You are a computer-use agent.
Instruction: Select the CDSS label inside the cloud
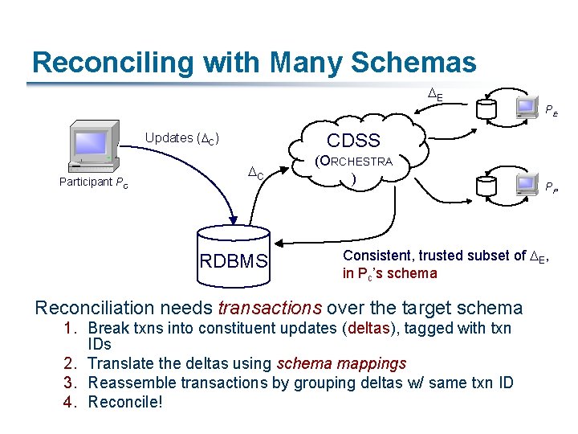(x=353, y=141)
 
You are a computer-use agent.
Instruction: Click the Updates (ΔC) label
(x=183, y=137)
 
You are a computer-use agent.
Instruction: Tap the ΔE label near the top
(x=434, y=96)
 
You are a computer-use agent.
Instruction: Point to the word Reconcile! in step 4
(x=125, y=400)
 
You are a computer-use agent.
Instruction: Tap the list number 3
(x=68, y=382)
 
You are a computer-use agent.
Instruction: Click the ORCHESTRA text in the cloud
(x=353, y=162)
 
